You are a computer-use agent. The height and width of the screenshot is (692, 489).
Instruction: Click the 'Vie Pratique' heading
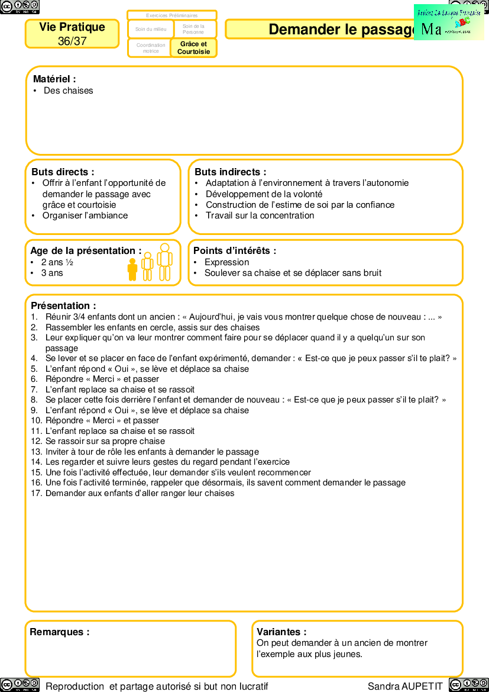[x=72, y=27]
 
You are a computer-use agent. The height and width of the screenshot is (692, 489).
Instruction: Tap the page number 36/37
[x=72, y=41]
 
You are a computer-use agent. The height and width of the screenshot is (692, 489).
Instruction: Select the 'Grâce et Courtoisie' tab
[x=193, y=48]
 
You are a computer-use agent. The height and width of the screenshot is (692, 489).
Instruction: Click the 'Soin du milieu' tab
[x=151, y=29]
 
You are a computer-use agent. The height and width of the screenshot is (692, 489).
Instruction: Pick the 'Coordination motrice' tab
[x=151, y=48]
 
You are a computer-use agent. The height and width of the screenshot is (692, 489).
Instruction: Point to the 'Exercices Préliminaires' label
[x=172, y=15]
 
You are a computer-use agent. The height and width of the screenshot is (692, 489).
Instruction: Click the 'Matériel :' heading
[x=54, y=79]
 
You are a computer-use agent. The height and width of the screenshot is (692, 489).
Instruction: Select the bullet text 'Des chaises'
[x=68, y=91]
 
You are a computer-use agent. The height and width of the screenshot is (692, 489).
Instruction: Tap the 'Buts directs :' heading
[x=63, y=172]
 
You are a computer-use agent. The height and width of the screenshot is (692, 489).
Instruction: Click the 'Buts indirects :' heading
[x=230, y=172]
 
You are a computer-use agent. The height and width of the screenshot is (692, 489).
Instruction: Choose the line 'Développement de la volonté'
[x=264, y=194]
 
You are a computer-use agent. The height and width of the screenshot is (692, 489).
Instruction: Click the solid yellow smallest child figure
[x=132, y=269]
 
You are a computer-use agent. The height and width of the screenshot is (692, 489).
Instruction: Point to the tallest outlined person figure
[x=165, y=262]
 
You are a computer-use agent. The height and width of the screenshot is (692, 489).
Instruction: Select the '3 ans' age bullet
[x=52, y=273]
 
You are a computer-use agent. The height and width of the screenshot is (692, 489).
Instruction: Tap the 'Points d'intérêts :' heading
[x=235, y=251]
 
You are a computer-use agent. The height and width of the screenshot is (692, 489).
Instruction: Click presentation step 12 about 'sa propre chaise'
[x=105, y=441]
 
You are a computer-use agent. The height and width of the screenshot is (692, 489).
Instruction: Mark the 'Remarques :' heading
[x=60, y=632]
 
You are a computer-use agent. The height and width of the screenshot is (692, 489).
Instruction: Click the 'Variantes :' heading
[x=281, y=632]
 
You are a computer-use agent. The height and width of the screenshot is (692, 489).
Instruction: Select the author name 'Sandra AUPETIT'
[x=405, y=686]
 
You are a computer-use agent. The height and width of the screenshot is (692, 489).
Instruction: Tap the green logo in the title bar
[x=449, y=22]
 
